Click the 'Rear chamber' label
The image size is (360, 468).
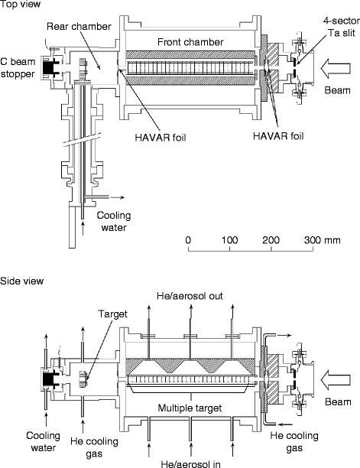79,27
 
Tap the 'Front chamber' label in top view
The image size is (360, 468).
190,42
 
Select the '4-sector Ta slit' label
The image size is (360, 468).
342,27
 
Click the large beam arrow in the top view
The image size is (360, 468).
336,68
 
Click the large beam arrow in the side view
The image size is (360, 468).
336,380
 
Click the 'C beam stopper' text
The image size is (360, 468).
18,68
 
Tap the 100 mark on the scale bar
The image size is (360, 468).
229,240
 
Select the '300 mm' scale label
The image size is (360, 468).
322,240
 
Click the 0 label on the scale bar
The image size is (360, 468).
188,240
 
